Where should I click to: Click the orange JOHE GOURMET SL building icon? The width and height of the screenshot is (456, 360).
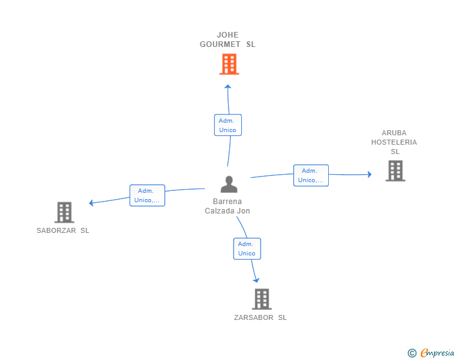coord(229,64)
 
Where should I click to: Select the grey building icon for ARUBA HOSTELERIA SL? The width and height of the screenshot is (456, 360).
coord(395,170)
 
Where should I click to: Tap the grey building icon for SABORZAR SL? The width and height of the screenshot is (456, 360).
coord(64,212)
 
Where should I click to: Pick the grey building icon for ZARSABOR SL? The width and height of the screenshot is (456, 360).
coord(261,299)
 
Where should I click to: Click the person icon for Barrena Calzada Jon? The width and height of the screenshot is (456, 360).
coord(229,184)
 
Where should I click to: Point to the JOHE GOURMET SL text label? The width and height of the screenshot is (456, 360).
coord(227,39)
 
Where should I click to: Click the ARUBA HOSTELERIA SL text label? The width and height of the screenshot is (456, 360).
coord(394,142)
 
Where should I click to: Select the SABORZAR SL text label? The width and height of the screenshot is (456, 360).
coord(63,230)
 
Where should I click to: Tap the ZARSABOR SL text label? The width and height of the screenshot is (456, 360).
coord(261,317)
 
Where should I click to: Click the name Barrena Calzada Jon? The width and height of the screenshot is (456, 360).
coord(227,206)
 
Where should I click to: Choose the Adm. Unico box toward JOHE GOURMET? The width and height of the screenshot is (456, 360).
coord(227,125)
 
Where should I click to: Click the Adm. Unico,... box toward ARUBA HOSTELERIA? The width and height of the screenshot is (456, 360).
coord(311,175)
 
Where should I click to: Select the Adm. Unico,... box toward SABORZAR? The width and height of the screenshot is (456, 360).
coord(147,195)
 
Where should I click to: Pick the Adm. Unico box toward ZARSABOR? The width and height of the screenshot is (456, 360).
coord(247,249)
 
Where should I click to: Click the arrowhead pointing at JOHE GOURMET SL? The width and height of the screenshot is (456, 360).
coord(228,86)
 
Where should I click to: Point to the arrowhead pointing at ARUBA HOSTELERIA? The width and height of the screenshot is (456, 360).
coord(369,174)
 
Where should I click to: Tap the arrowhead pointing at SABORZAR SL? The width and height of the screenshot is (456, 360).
coord(91,203)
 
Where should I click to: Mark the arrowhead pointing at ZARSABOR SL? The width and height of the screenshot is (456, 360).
coord(256,280)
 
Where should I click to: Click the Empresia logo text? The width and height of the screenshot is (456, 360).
coord(437,353)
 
